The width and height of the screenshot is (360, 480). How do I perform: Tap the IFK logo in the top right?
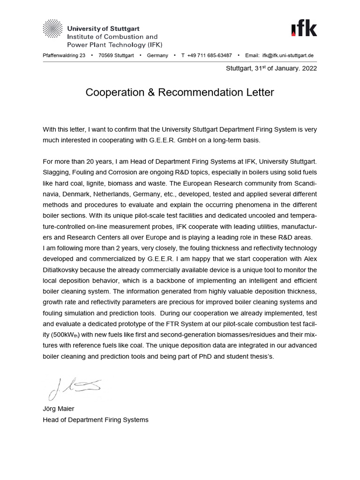pyautogui.click(x=303, y=29)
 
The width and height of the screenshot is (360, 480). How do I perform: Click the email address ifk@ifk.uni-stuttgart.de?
pyautogui.click(x=287, y=55)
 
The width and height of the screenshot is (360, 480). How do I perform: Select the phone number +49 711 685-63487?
pyautogui.click(x=209, y=55)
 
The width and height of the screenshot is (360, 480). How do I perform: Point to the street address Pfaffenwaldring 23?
pyautogui.click(x=64, y=55)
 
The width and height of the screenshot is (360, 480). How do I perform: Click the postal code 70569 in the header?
pyautogui.click(x=105, y=55)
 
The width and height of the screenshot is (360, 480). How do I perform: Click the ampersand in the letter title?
pyautogui.click(x=150, y=92)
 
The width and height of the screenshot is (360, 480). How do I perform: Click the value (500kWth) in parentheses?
pyautogui.click(x=65, y=335)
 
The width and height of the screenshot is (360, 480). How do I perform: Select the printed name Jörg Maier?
pyautogui.click(x=59, y=409)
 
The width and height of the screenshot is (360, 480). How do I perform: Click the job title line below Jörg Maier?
pyautogui.click(x=96, y=420)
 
